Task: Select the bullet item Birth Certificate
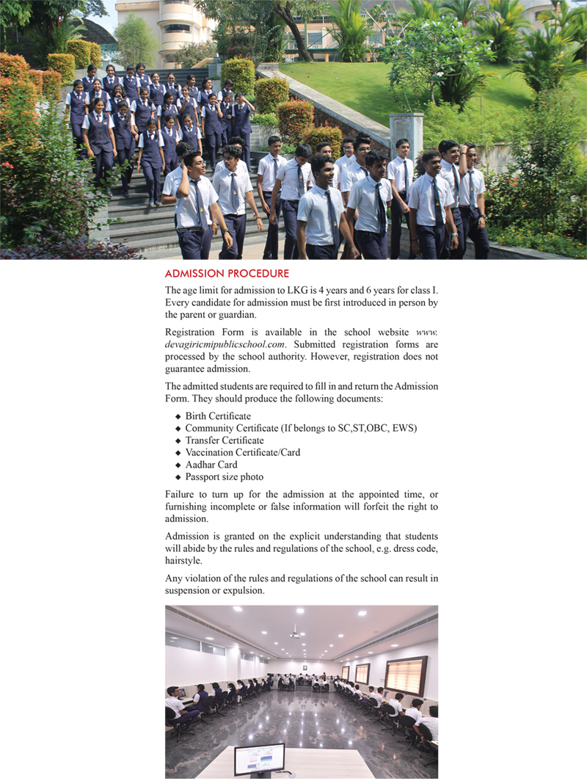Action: coord(218,416)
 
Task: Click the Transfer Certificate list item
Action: coord(225,440)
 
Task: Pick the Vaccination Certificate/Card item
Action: coord(242,452)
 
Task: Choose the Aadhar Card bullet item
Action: coord(211,465)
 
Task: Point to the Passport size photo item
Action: coord(224,476)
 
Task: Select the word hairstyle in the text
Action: coord(184,561)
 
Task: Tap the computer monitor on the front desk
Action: coord(259,759)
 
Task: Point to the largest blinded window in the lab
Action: coord(406,675)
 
